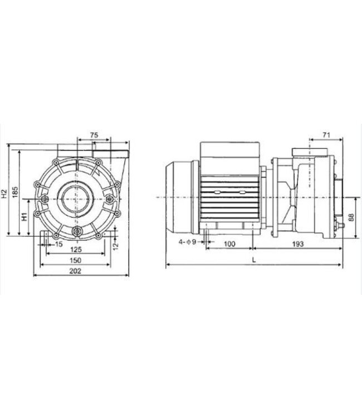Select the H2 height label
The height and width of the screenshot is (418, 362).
pyautogui.click(x=5, y=193)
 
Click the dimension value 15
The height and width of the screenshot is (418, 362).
pyautogui.click(x=58, y=245)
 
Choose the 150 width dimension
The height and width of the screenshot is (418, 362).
pyautogui.click(x=76, y=261)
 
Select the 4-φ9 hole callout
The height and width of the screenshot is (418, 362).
pyautogui.click(x=188, y=242)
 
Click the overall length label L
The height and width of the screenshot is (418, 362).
pyautogui.click(x=254, y=260)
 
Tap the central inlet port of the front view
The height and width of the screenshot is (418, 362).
pyautogui.click(x=75, y=198)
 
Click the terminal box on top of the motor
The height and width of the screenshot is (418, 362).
pyautogui.click(x=229, y=151)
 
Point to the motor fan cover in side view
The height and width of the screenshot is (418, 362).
pyautogui.click(x=179, y=197)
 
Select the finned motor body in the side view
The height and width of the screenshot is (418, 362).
pyautogui.click(x=228, y=198)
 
